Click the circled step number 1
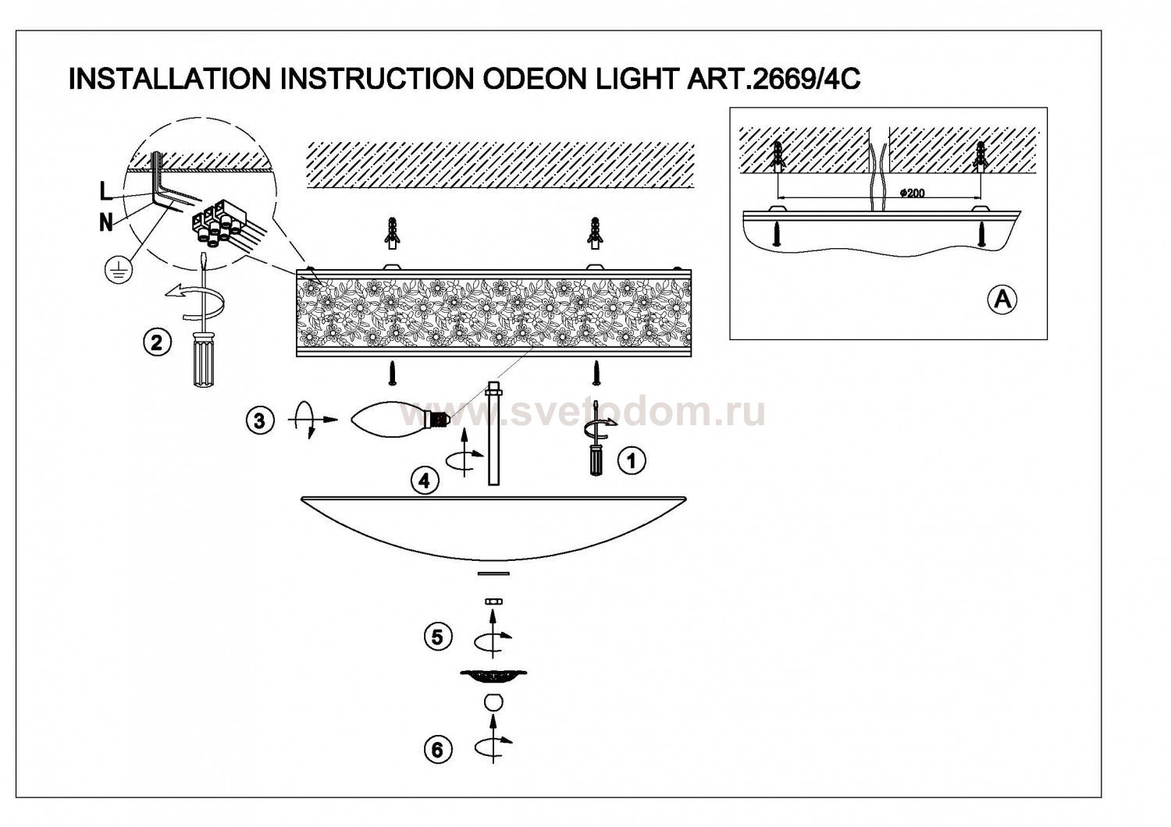(x=632, y=461)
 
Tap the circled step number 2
(x=157, y=343)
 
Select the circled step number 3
(x=260, y=421)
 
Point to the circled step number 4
(x=425, y=480)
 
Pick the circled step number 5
(x=437, y=637)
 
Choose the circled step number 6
(x=437, y=751)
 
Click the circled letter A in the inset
(x=1002, y=300)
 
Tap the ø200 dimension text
(x=913, y=193)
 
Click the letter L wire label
(x=105, y=192)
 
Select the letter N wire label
(x=106, y=223)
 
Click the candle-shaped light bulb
(x=400, y=417)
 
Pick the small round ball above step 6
(x=493, y=701)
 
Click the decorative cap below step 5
(x=493, y=676)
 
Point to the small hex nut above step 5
(x=493, y=602)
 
